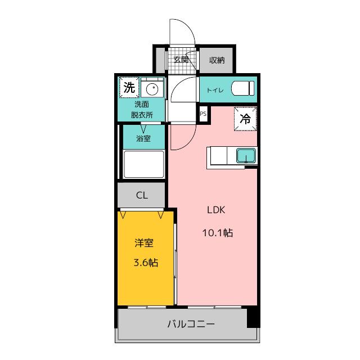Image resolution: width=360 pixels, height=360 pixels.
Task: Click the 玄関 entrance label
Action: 181,60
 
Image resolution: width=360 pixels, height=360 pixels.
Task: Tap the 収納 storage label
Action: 217,60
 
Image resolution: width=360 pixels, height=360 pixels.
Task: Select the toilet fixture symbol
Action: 243,88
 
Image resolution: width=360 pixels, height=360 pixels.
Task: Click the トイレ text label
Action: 215,90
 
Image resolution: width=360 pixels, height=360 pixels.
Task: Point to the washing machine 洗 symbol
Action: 129,88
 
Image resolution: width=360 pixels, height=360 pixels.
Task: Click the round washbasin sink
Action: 152,88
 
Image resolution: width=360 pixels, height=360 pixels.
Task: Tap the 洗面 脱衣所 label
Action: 142,110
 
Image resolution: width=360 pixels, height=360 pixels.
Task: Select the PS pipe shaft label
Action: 203,114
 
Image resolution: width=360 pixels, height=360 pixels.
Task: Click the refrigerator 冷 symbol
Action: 245,119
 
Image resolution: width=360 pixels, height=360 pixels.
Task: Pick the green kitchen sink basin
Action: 246,155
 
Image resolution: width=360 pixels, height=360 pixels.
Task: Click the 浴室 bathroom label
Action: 143,138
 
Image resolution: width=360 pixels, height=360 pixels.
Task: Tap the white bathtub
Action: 144,164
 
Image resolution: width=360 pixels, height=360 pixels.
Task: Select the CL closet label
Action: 142,195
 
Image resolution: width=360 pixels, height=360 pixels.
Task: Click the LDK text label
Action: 216,210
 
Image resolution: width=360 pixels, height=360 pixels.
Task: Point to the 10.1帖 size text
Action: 218,233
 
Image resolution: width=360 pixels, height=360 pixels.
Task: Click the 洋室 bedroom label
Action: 144,242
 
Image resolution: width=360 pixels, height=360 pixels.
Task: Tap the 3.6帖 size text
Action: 146,262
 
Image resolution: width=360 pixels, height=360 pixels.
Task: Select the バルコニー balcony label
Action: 191,324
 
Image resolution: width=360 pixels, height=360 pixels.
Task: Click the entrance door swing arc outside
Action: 188,27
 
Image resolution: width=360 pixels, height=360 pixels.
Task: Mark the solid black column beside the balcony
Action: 254,316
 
